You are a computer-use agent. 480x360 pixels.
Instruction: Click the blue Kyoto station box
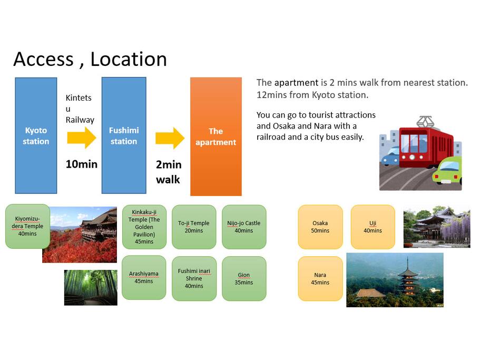pyautogui.click(x=36, y=135)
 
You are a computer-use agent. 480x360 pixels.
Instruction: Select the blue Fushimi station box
pyautogui.click(x=124, y=135)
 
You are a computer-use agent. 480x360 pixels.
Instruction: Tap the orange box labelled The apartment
pyautogui.click(x=216, y=137)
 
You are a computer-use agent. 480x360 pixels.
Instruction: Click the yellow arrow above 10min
pyautogui.click(x=82, y=138)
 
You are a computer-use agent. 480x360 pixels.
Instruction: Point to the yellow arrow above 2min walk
pyautogui.click(x=170, y=138)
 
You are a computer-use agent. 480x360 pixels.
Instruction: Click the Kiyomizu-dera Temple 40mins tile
pyautogui.click(x=27, y=226)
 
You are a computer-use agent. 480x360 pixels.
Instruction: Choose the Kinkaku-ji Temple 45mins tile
pyautogui.click(x=144, y=227)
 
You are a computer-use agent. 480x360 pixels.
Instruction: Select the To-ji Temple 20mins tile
pyautogui.click(x=194, y=227)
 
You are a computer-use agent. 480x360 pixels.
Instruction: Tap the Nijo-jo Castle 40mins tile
pyautogui.click(x=244, y=227)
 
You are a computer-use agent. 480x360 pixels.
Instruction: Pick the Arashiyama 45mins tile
pyautogui.click(x=144, y=278)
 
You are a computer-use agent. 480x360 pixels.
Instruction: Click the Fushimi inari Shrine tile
pyautogui.click(x=194, y=279)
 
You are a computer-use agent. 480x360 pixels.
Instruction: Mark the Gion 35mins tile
pyautogui.click(x=244, y=279)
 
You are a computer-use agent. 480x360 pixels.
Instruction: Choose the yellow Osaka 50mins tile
pyautogui.click(x=320, y=227)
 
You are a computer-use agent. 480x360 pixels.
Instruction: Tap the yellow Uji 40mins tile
pyautogui.click(x=373, y=227)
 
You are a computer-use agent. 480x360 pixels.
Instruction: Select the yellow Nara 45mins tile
pyautogui.click(x=320, y=279)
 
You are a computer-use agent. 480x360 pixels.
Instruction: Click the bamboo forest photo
pyautogui.click(x=91, y=287)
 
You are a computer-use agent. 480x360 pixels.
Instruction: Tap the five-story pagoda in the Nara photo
pyautogui.click(x=408, y=277)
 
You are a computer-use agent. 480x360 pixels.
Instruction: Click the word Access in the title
pyautogui.click(x=44, y=59)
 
